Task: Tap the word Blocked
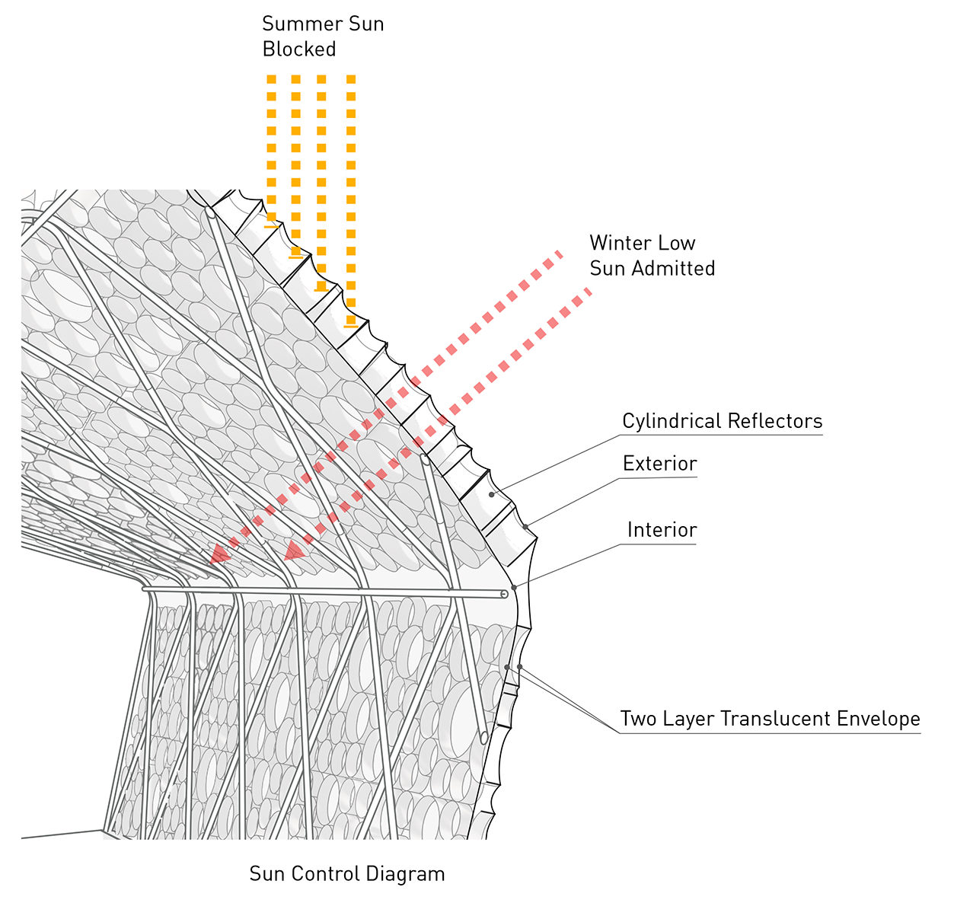tap(298, 49)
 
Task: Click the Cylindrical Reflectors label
tap(722, 421)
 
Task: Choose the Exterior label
tap(659, 464)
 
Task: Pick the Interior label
tap(662, 530)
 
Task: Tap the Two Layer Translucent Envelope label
tap(770, 719)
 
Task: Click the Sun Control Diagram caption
tap(346, 873)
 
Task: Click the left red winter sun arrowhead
tap(219, 554)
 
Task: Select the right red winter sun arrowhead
tap(294, 550)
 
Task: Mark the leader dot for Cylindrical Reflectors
tap(492, 494)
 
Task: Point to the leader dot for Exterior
tap(525, 527)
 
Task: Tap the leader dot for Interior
tap(514, 587)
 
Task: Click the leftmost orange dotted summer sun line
tap(271, 145)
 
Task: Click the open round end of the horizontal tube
tap(504, 594)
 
